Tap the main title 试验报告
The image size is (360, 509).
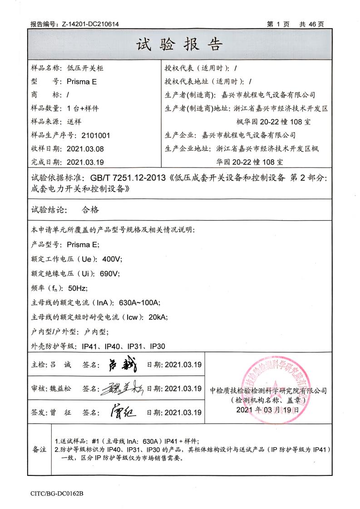click(179, 44)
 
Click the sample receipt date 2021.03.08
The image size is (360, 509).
click(85, 148)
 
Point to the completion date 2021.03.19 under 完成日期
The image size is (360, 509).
click(85, 162)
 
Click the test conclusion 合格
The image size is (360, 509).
click(90, 210)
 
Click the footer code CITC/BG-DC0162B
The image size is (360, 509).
click(57, 493)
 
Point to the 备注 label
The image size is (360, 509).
click(39, 450)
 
